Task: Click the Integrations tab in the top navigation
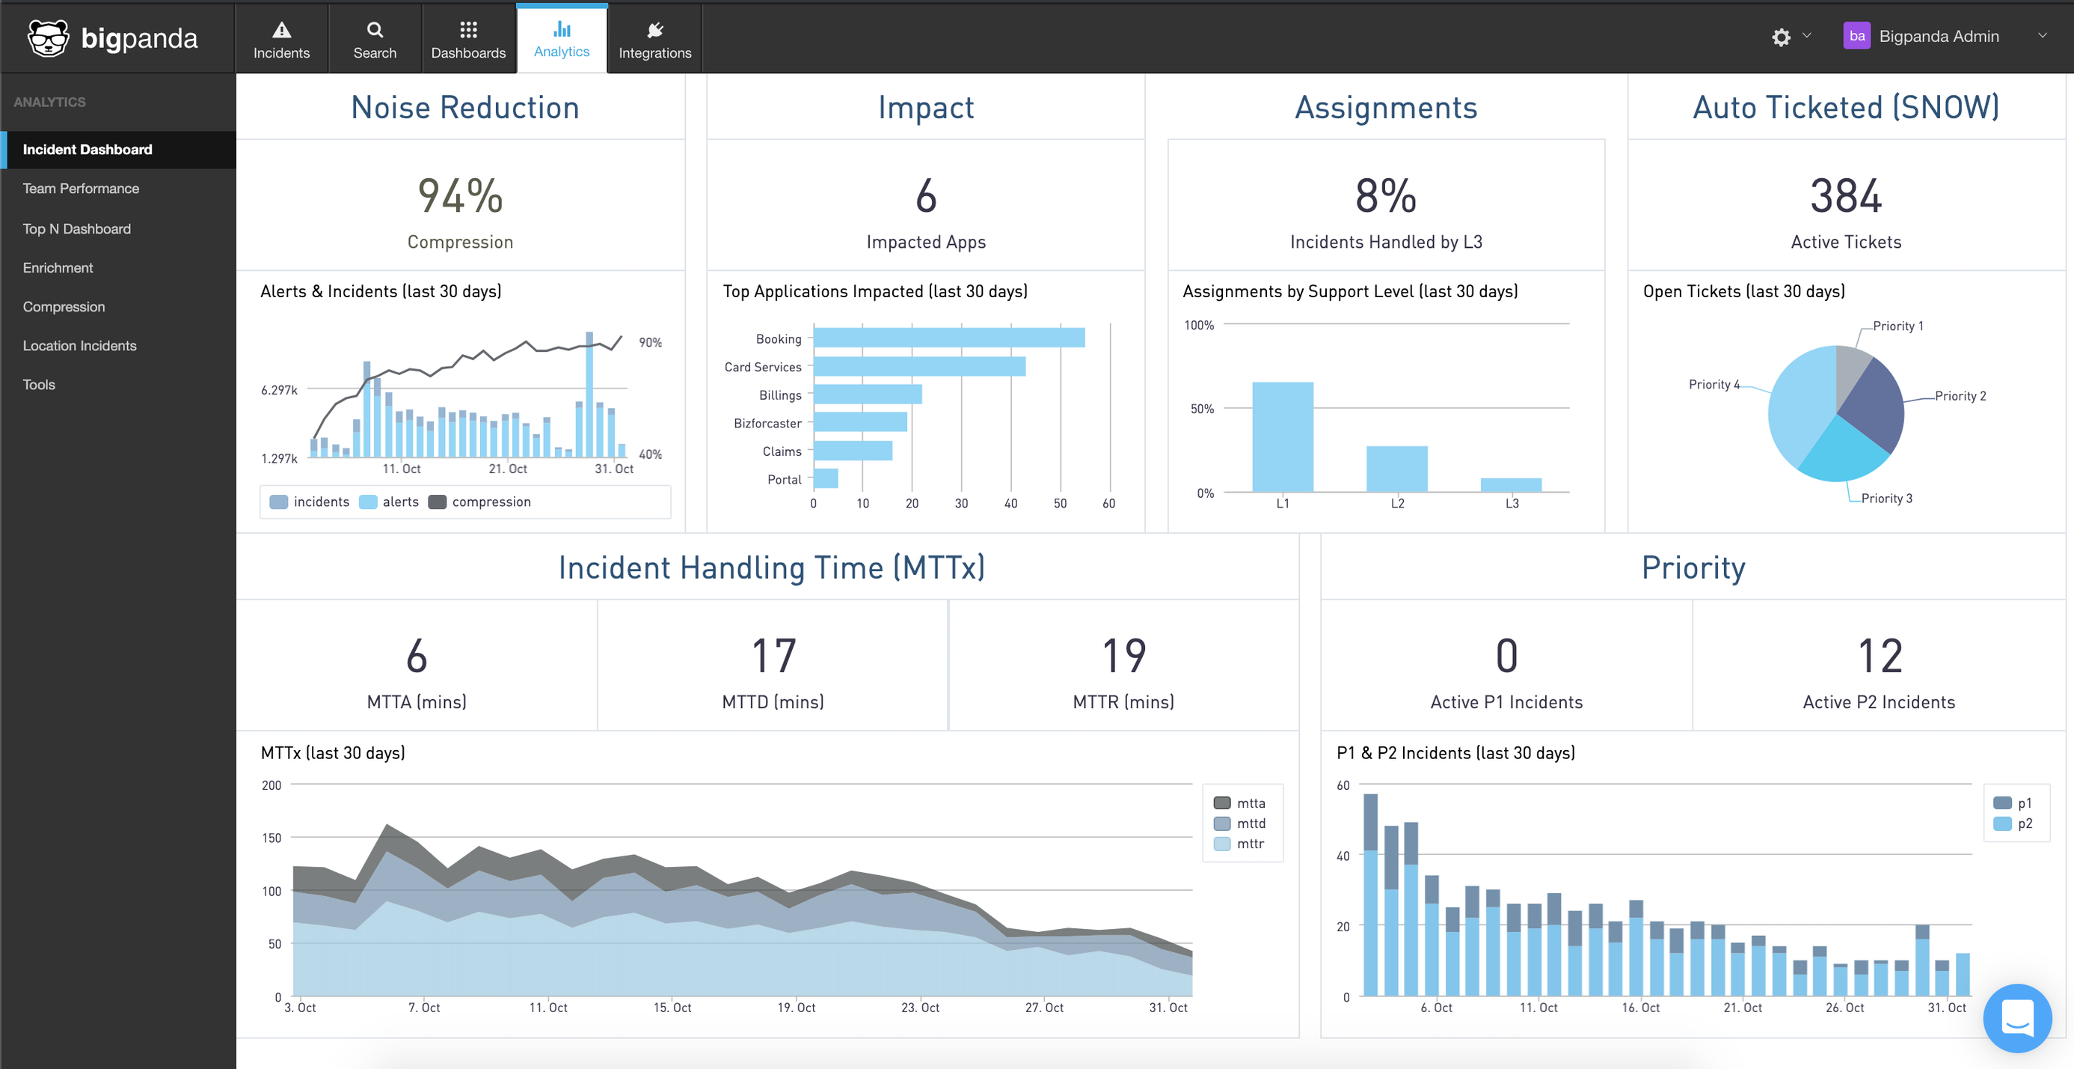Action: [x=654, y=40]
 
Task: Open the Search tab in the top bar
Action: [x=375, y=40]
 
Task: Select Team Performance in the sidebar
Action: [x=81, y=189]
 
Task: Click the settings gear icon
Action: [x=1780, y=37]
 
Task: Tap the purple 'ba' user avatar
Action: [x=1856, y=36]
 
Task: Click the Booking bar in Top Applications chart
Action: [x=948, y=338]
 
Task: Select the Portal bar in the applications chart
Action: [x=825, y=478]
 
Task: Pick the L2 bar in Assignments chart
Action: [x=1396, y=469]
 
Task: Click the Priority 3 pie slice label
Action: [x=1886, y=499]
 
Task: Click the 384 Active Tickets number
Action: [x=1845, y=197]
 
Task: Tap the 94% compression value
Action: [x=460, y=197]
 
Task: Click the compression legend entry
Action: [x=480, y=502]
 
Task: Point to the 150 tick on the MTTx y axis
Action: [x=271, y=838]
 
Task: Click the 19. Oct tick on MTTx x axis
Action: [x=796, y=1008]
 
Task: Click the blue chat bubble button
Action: [x=2017, y=1017]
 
